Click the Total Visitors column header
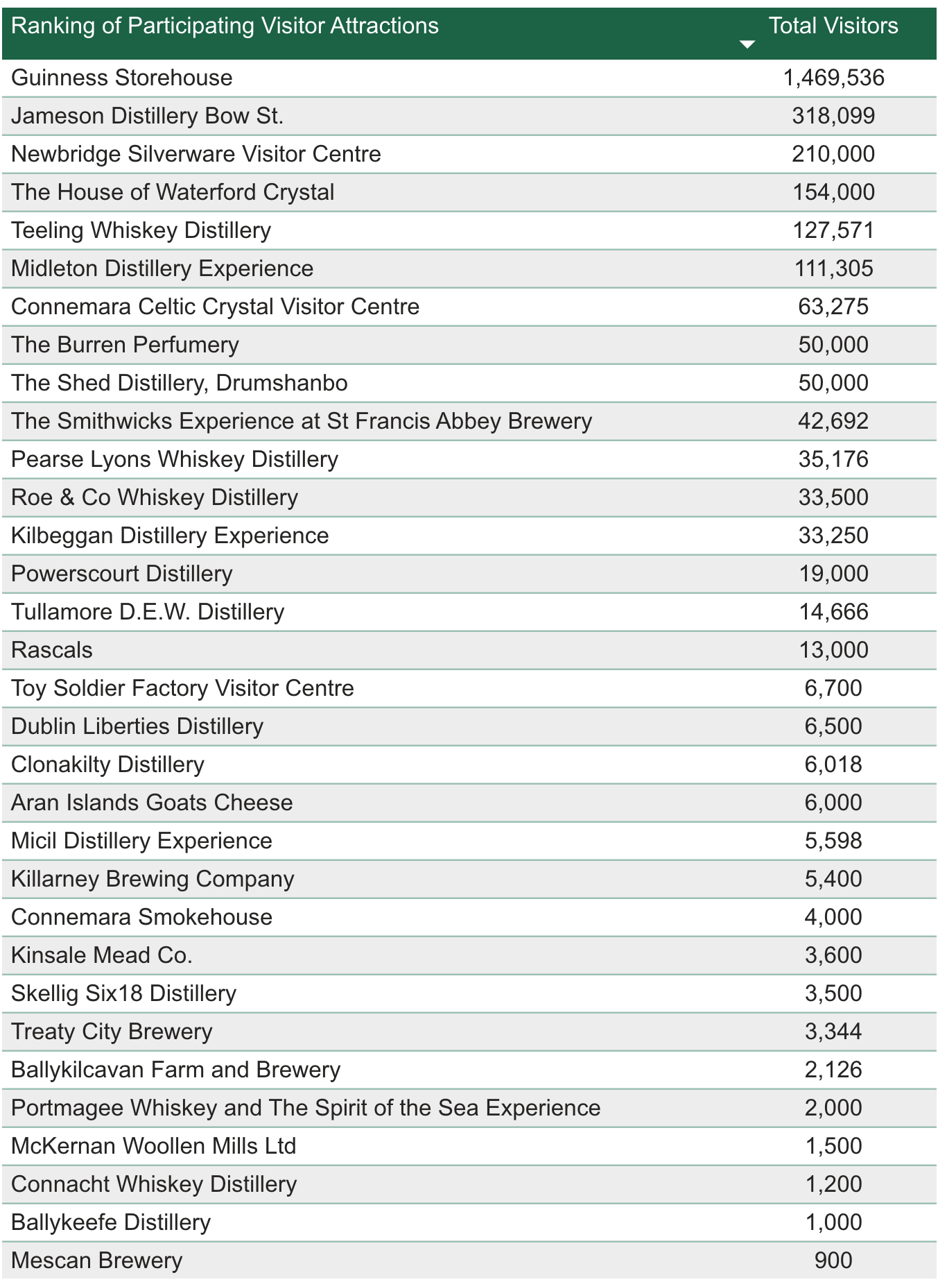tap(833, 26)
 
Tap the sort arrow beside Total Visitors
tap(747, 44)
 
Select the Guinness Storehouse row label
tap(122, 78)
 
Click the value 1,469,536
tap(833, 78)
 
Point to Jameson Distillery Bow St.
tap(148, 116)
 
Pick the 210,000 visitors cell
tap(833, 154)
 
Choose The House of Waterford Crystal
tap(173, 192)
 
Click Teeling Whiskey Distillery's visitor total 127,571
tap(833, 230)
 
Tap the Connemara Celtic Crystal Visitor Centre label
tap(216, 307)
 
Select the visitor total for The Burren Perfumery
tap(833, 345)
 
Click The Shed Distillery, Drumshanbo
tap(180, 383)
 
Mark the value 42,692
tap(833, 421)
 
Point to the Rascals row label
tap(52, 650)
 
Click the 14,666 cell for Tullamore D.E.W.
tap(833, 612)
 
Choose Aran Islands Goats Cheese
tap(152, 803)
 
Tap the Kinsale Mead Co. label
tap(102, 955)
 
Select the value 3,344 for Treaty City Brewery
tap(833, 1032)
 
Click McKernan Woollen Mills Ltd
tap(154, 1146)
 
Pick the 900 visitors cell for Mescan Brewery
tap(833, 1260)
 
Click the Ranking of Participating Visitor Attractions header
tap(225, 26)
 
